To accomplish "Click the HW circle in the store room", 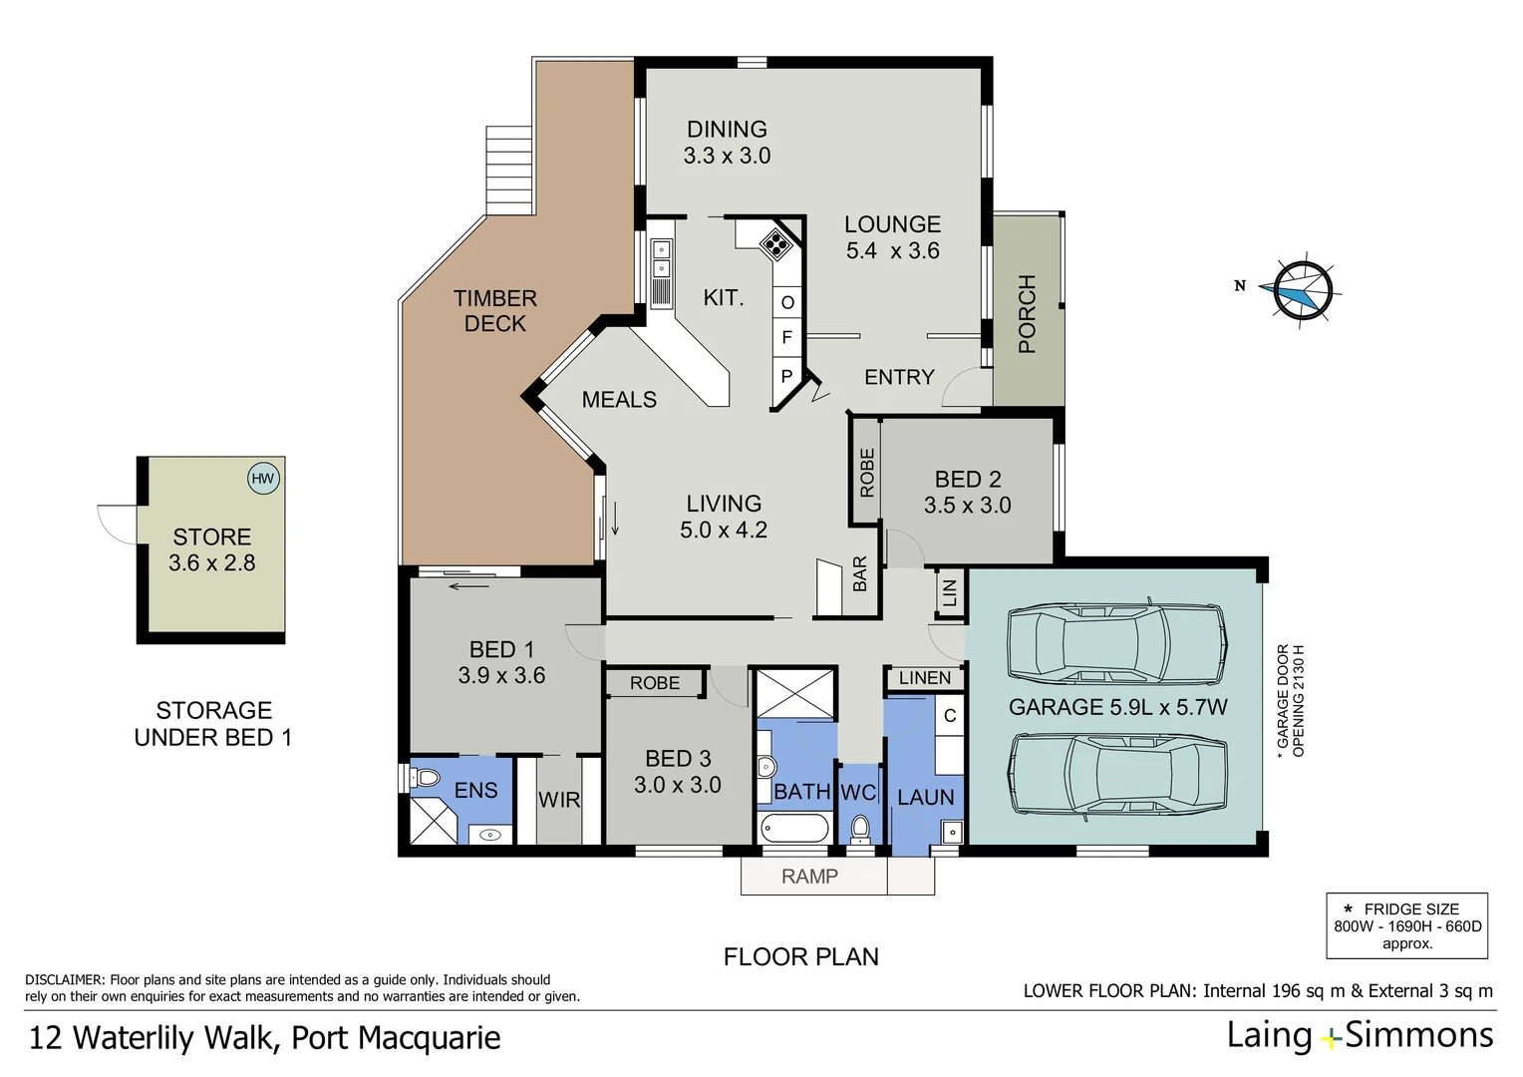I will click(x=262, y=479).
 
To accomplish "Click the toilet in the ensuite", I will click(x=426, y=777).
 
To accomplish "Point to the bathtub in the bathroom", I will click(x=794, y=829).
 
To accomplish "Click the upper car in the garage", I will click(x=1116, y=643).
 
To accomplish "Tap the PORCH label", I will click(x=1028, y=314).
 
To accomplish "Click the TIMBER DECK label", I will click(x=494, y=311).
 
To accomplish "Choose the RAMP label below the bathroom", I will click(x=809, y=877).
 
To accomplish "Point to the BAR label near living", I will click(x=860, y=574).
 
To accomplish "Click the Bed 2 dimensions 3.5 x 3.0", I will click(x=967, y=506).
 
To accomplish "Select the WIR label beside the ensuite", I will click(x=558, y=800).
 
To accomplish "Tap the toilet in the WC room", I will click(x=860, y=827).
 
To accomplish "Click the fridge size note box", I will click(x=1406, y=925).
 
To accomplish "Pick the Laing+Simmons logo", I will click(x=1360, y=1036).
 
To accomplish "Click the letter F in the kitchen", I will click(x=786, y=338).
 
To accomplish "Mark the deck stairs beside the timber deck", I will click(x=509, y=170).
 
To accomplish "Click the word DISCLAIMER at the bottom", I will click(x=64, y=980).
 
